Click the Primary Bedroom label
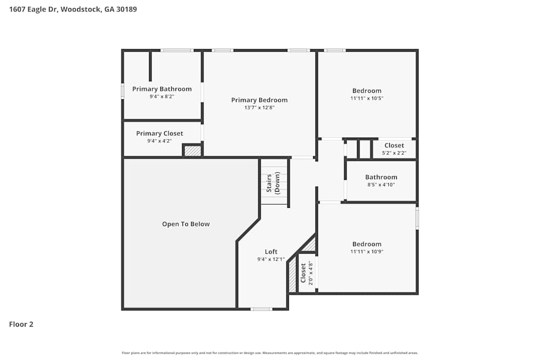click(259, 100)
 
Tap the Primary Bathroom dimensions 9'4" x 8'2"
click(161, 97)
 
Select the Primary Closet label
click(159, 133)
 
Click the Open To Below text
click(186, 224)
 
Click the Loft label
click(271, 252)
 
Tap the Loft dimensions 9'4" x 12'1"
click(271, 259)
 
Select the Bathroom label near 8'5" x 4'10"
click(381, 177)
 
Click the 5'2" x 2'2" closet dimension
click(394, 153)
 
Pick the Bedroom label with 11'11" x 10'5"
click(367, 91)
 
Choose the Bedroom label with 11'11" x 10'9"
click(367, 244)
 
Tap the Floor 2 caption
click(21, 324)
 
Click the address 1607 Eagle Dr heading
click(73, 9)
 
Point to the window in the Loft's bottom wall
click(261, 309)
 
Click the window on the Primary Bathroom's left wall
click(123, 91)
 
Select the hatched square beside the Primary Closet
click(192, 151)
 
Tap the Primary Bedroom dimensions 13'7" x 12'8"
click(259, 107)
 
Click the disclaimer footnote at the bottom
click(270, 353)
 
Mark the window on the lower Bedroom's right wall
click(417, 219)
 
